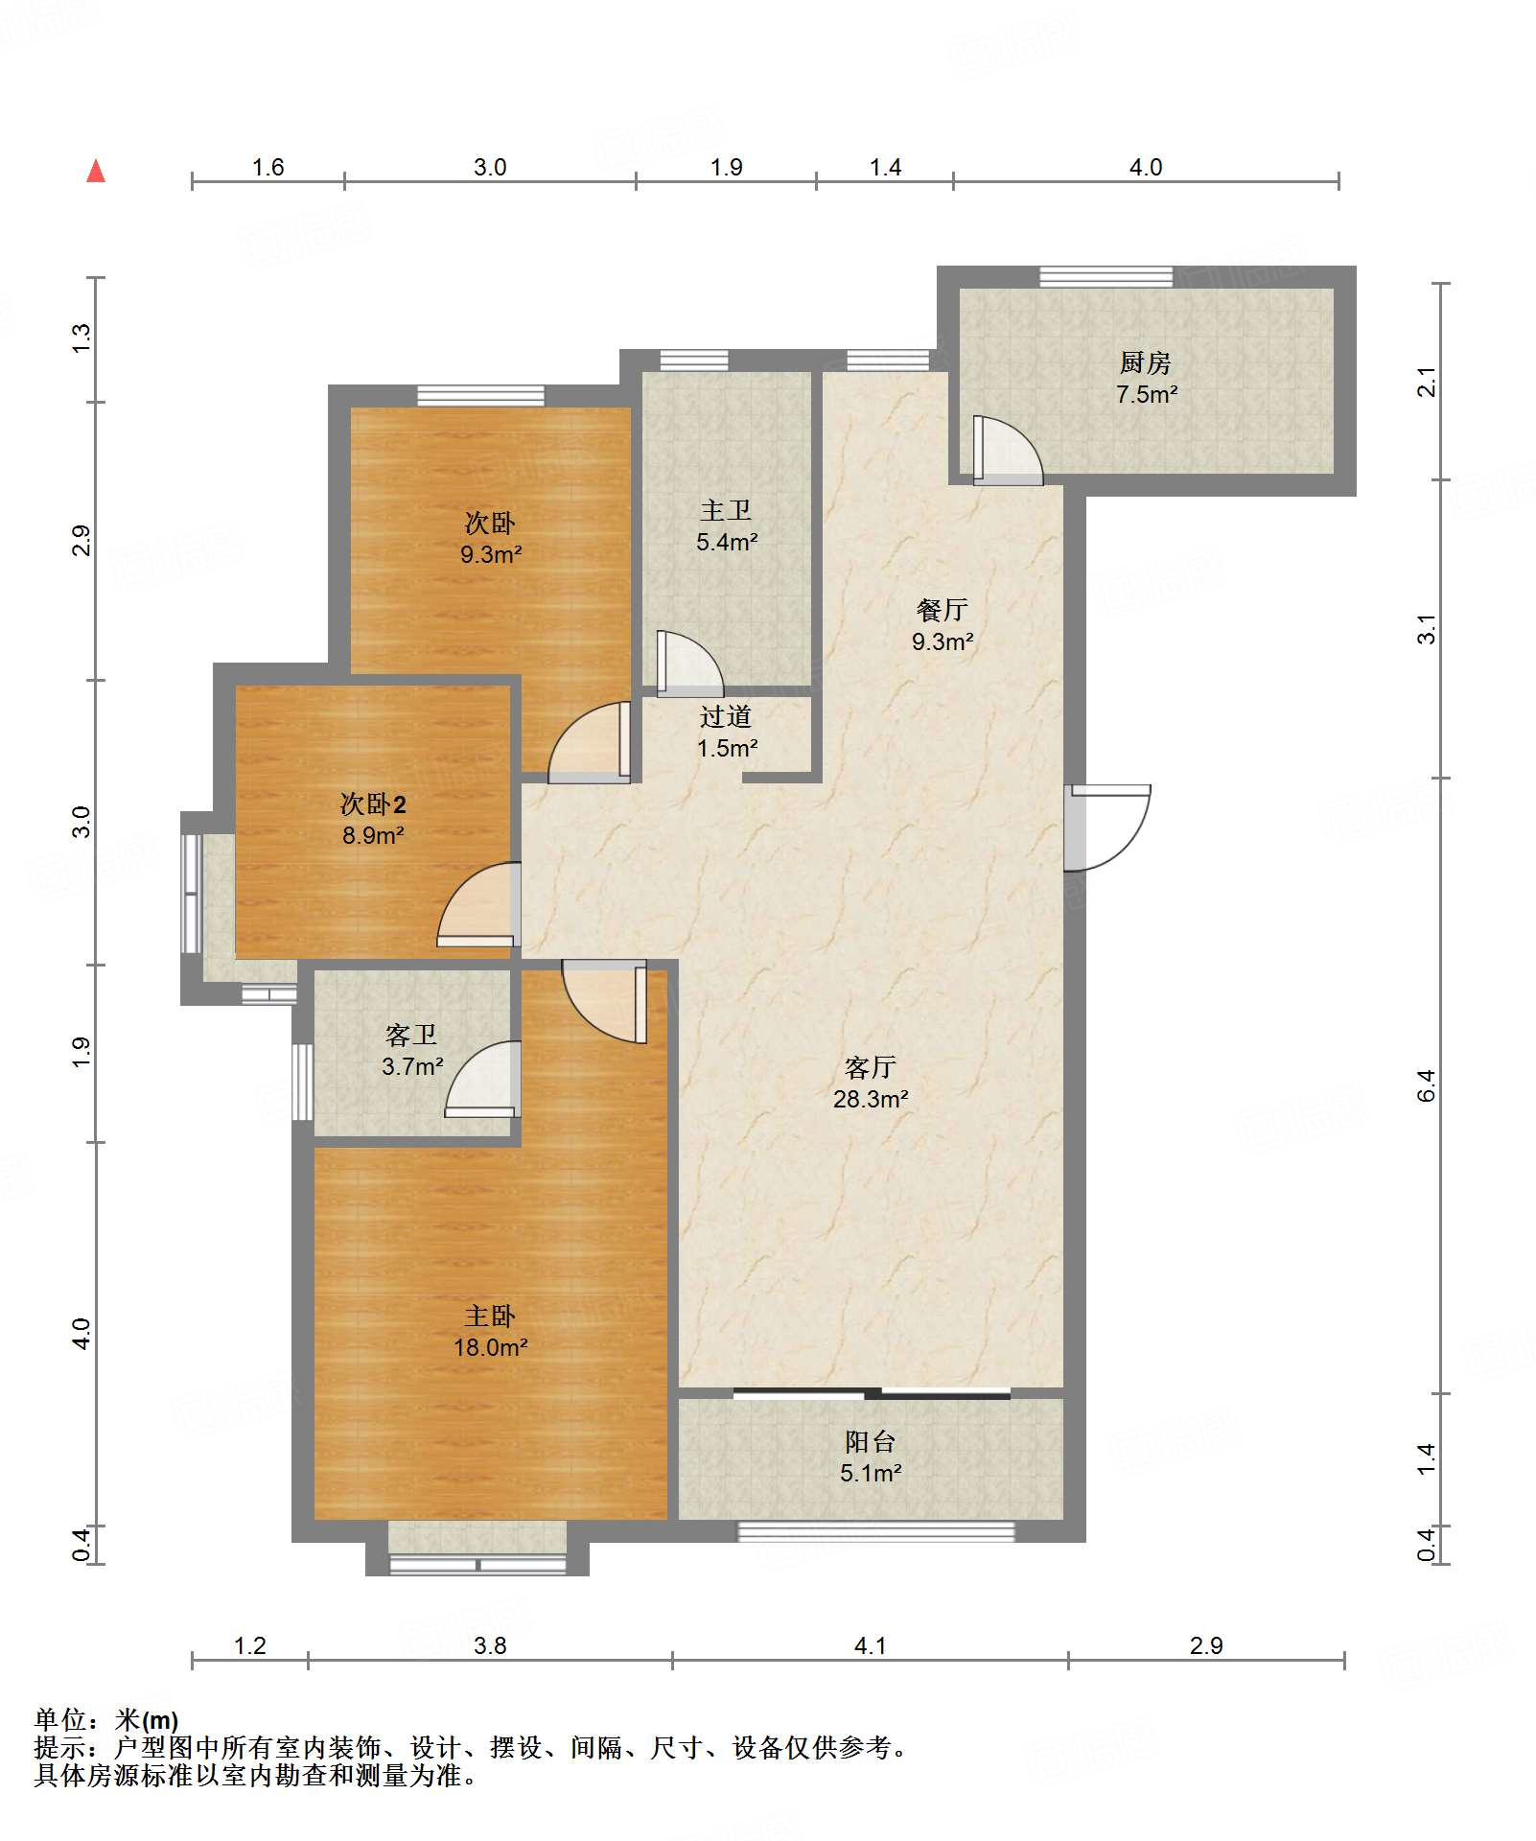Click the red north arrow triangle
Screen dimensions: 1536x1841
tap(96, 171)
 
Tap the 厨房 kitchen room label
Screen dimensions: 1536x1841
tap(1146, 363)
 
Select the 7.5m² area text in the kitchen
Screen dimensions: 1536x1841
tap(1147, 394)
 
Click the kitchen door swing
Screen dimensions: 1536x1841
tap(1008, 450)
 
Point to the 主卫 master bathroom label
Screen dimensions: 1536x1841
tap(726, 511)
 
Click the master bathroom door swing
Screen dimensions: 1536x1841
tap(689, 664)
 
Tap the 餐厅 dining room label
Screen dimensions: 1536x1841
tap(943, 610)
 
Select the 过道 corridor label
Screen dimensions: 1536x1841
tap(726, 717)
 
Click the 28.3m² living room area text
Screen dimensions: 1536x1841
tap(871, 1099)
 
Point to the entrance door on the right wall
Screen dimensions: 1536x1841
tap(1106, 827)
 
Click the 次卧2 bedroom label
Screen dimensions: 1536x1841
tap(373, 804)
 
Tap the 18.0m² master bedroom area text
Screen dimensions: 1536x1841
tap(490, 1347)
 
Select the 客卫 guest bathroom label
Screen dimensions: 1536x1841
tap(411, 1036)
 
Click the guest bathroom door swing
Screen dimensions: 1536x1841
tap(482, 1080)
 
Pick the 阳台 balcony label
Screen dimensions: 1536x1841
tap(871, 1442)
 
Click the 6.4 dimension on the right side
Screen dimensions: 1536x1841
tap(1426, 1085)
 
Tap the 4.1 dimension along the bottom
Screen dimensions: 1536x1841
tap(870, 1645)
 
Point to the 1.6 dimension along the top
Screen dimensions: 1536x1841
tap(268, 167)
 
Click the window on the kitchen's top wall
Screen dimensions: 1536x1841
tap(1106, 277)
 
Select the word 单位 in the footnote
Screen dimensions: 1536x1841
tap(60, 1720)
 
